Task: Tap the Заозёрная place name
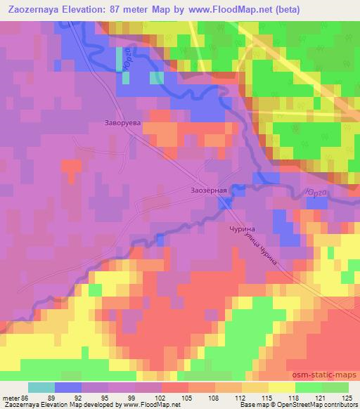(209, 190)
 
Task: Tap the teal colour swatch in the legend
(41, 388)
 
